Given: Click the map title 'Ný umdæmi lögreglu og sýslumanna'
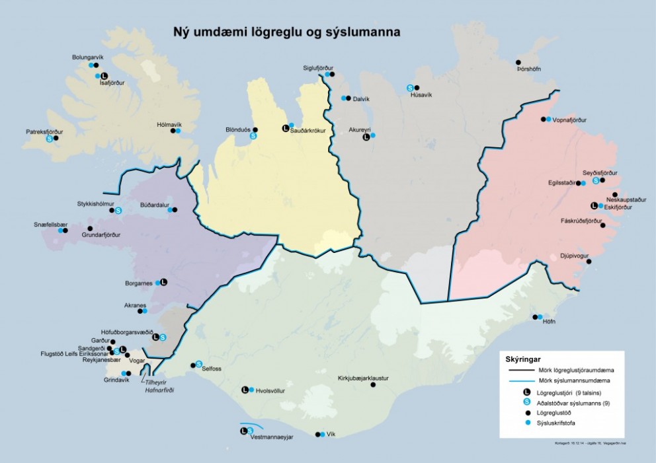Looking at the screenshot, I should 286,31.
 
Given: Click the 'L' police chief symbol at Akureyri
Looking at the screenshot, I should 366,137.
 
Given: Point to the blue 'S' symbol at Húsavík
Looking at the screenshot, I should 410,87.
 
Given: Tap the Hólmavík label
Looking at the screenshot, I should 169,124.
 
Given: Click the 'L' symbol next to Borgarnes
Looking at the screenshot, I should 164,282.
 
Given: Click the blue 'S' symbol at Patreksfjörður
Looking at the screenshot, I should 49,138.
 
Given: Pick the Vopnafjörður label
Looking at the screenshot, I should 570,120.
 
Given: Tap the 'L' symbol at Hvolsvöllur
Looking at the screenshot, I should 245,390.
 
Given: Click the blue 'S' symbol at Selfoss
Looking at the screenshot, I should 198,364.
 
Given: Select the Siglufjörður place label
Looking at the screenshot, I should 318,68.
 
